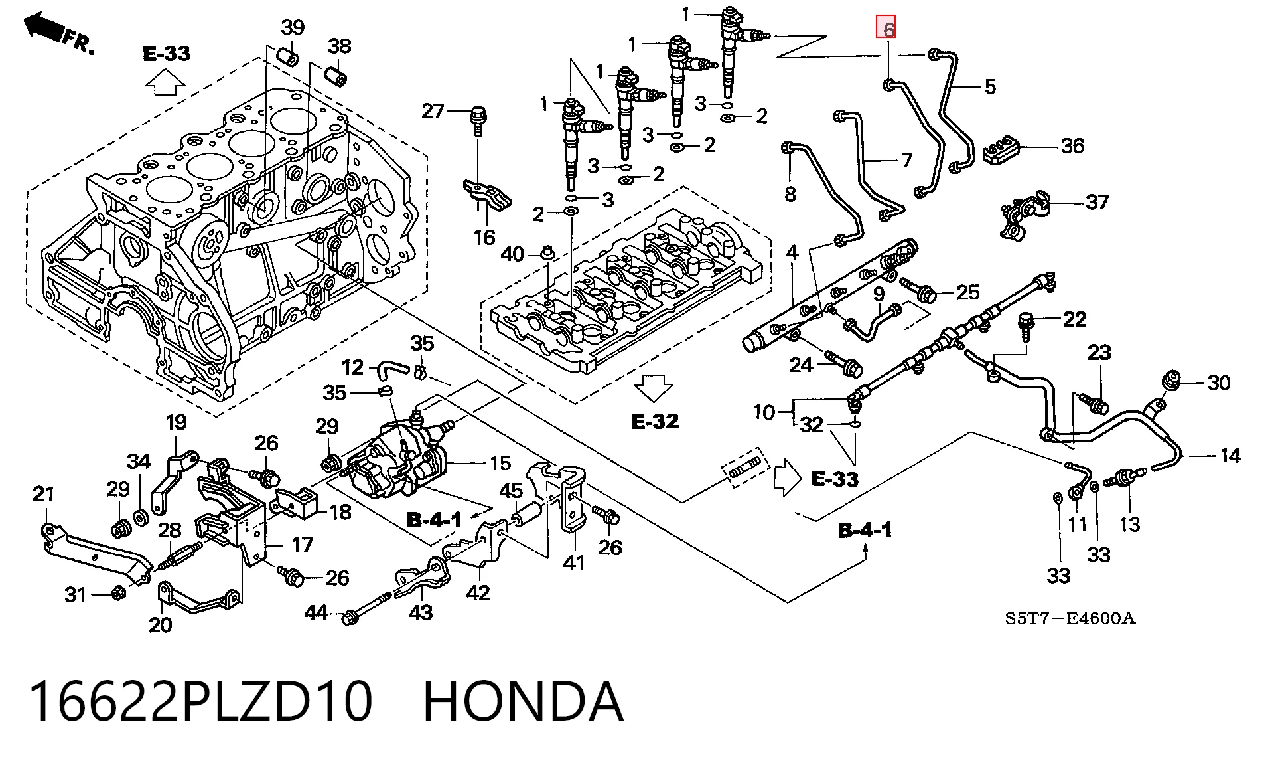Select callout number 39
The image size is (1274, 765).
click(x=292, y=28)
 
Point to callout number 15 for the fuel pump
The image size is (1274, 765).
click(x=500, y=463)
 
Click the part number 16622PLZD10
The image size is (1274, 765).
click(x=200, y=701)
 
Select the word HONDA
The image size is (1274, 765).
click(x=523, y=701)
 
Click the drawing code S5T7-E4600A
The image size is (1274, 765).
click(x=1070, y=618)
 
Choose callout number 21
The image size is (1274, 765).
click(x=44, y=494)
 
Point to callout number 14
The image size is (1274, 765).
click(x=1230, y=455)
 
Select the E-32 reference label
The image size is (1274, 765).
click(x=655, y=421)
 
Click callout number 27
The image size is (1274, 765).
click(x=433, y=110)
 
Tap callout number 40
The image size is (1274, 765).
click(x=512, y=254)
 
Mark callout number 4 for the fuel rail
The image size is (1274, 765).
click(x=792, y=252)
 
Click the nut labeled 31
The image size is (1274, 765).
click(x=117, y=592)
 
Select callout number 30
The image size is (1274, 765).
click(x=1218, y=382)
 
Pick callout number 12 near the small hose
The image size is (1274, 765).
click(x=353, y=367)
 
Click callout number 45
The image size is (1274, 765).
click(x=511, y=491)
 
